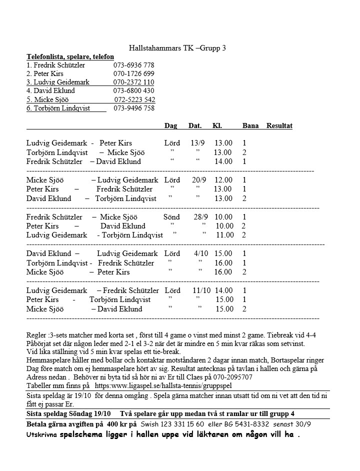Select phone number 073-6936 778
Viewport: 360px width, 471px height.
(x=133, y=65)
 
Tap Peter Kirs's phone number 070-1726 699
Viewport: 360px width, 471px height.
(x=133, y=73)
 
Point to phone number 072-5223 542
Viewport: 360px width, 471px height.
(x=134, y=99)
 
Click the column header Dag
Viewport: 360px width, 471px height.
(x=170, y=125)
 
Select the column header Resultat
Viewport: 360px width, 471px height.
(x=279, y=125)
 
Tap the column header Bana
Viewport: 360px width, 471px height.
(x=250, y=125)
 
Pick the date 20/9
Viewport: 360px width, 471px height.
(x=198, y=180)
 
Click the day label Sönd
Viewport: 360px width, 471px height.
(x=171, y=217)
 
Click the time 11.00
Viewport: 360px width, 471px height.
(x=224, y=235)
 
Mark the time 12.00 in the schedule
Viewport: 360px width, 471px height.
(x=223, y=180)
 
